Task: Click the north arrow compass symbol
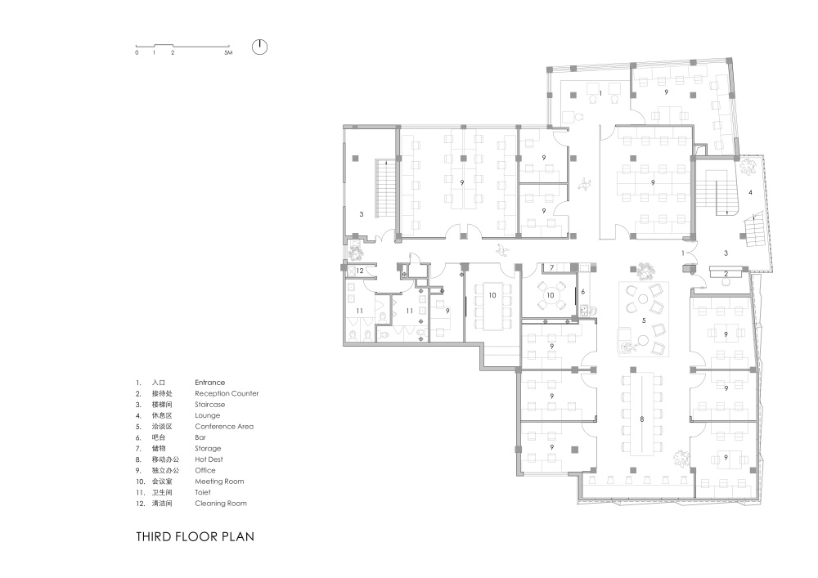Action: click(x=259, y=47)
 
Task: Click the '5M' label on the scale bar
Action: click(x=228, y=52)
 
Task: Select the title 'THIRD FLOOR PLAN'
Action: click(x=196, y=537)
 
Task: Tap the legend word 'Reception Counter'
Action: click(x=227, y=393)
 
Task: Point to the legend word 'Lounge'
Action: click(x=208, y=415)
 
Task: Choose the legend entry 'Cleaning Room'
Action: click(x=221, y=504)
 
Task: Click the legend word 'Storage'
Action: click(x=208, y=449)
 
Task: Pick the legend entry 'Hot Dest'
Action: click(x=209, y=459)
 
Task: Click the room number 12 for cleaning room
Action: click(x=359, y=271)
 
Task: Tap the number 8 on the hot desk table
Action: click(x=642, y=419)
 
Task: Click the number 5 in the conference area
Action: click(x=644, y=320)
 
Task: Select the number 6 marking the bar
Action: click(x=583, y=292)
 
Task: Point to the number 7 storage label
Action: click(x=552, y=268)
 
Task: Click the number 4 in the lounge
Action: click(x=751, y=193)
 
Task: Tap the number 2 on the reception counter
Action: click(x=726, y=274)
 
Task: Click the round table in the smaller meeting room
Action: click(x=551, y=295)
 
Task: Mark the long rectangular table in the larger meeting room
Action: click(x=492, y=307)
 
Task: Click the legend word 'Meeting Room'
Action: click(x=219, y=482)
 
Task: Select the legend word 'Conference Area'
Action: click(x=224, y=426)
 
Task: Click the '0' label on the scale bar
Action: click(x=137, y=52)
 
